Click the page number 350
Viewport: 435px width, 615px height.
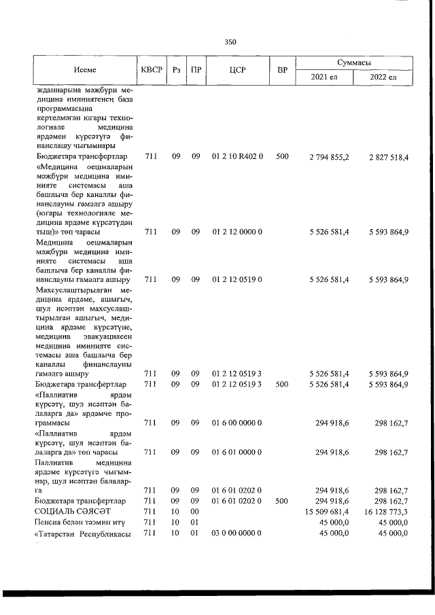[x=230, y=42]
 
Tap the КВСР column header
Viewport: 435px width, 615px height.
[x=151, y=69]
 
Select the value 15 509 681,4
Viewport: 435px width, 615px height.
[x=327, y=511]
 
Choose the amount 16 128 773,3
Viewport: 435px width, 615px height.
[x=385, y=511]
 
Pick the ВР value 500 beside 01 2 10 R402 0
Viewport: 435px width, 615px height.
[x=283, y=157]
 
